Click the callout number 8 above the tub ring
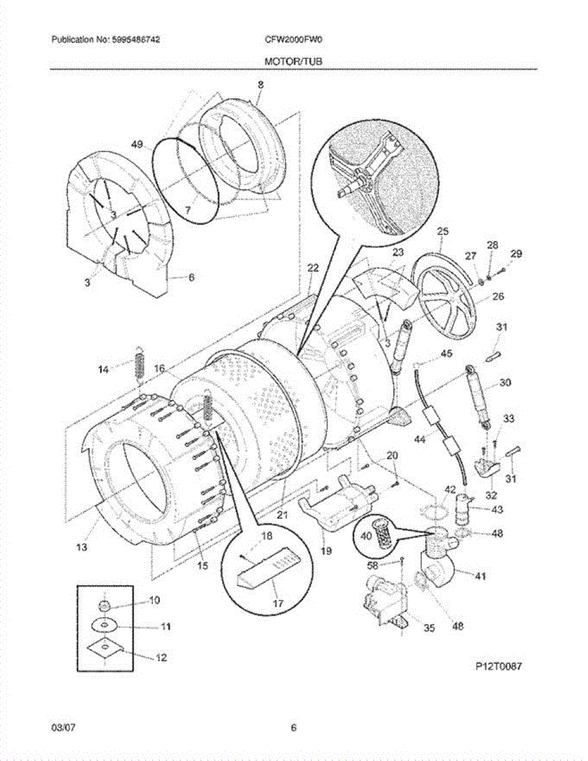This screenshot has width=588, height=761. [x=260, y=84]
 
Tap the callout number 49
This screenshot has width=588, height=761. [x=137, y=145]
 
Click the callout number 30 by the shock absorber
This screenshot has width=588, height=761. [x=505, y=382]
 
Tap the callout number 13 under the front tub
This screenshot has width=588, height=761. [x=82, y=547]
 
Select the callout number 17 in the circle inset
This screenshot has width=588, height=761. [x=277, y=604]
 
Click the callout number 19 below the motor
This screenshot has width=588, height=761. [x=325, y=552]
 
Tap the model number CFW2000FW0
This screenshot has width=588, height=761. [x=294, y=40]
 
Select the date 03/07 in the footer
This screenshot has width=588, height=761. [x=61, y=728]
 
